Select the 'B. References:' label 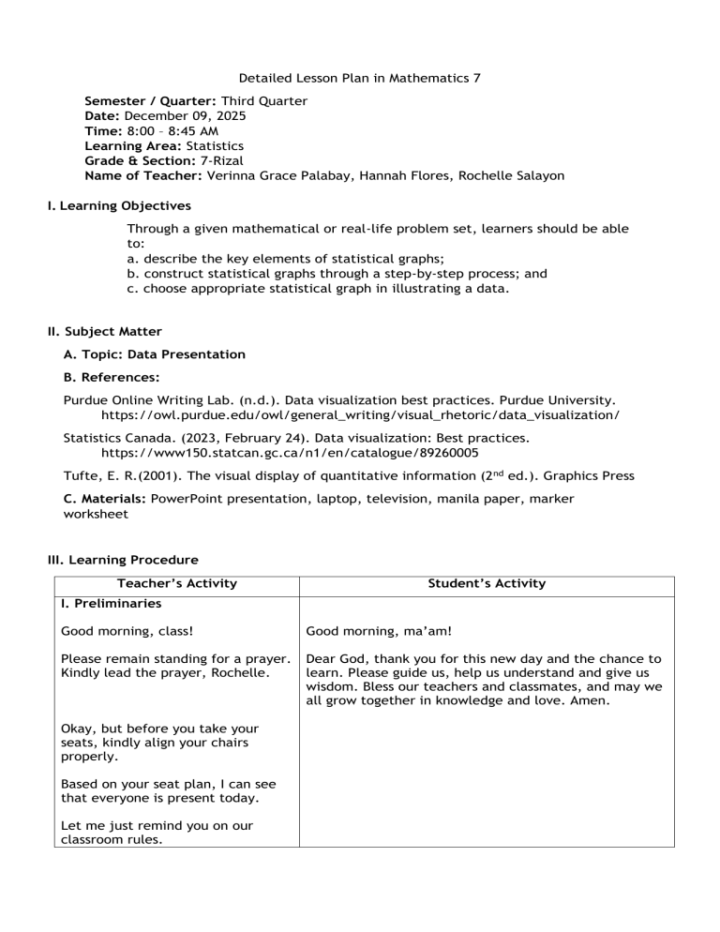pos(112,377)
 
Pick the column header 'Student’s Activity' pos(486,583)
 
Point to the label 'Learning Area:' pos(133,145)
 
